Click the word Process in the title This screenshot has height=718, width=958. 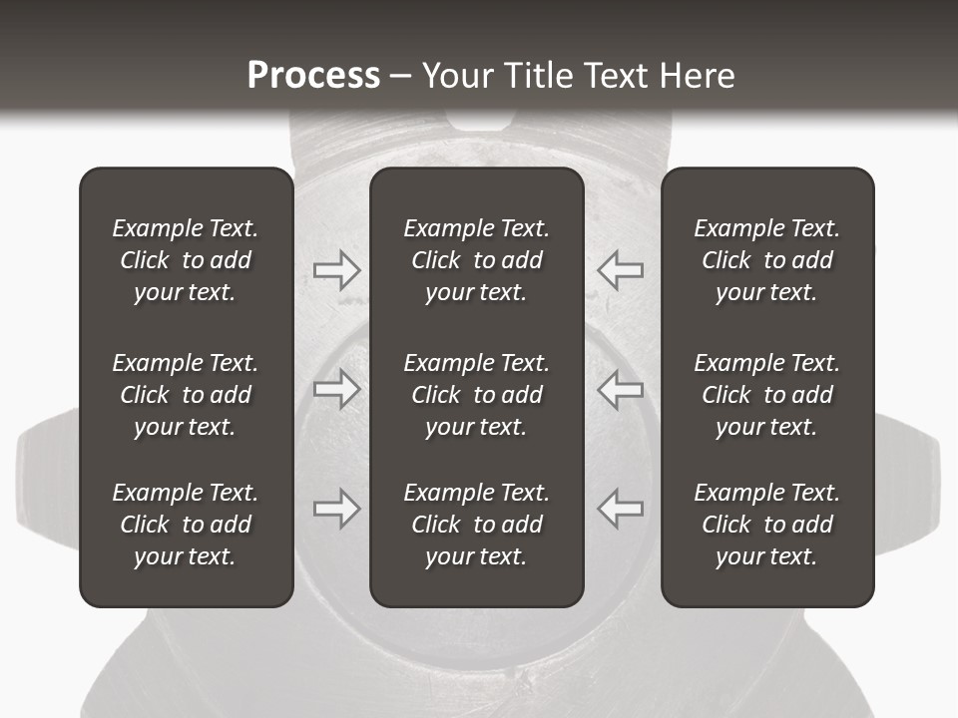coord(313,75)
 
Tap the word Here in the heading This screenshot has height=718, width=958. coord(699,75)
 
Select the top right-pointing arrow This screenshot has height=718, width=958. coord(336,269)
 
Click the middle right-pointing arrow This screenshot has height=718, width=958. coord(336,389)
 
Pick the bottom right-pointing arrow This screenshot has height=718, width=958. coord(336,509)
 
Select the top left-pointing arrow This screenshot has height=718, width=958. coord(621,269)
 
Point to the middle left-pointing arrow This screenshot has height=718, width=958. coord(621,389)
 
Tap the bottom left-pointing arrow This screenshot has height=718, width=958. coord(621,509)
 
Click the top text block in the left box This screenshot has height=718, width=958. coord(186,260)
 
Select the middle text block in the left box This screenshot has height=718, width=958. coord(186,395)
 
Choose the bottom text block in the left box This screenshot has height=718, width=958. coord(186,525)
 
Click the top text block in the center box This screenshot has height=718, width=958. coord(477,260)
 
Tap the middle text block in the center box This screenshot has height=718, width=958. coord(477,395)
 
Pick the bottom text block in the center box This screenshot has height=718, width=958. coord(477,525)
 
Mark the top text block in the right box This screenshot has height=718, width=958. coord(767,260)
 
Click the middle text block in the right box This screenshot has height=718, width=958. coord(767,395)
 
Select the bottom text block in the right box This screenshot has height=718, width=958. coord(767,525)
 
